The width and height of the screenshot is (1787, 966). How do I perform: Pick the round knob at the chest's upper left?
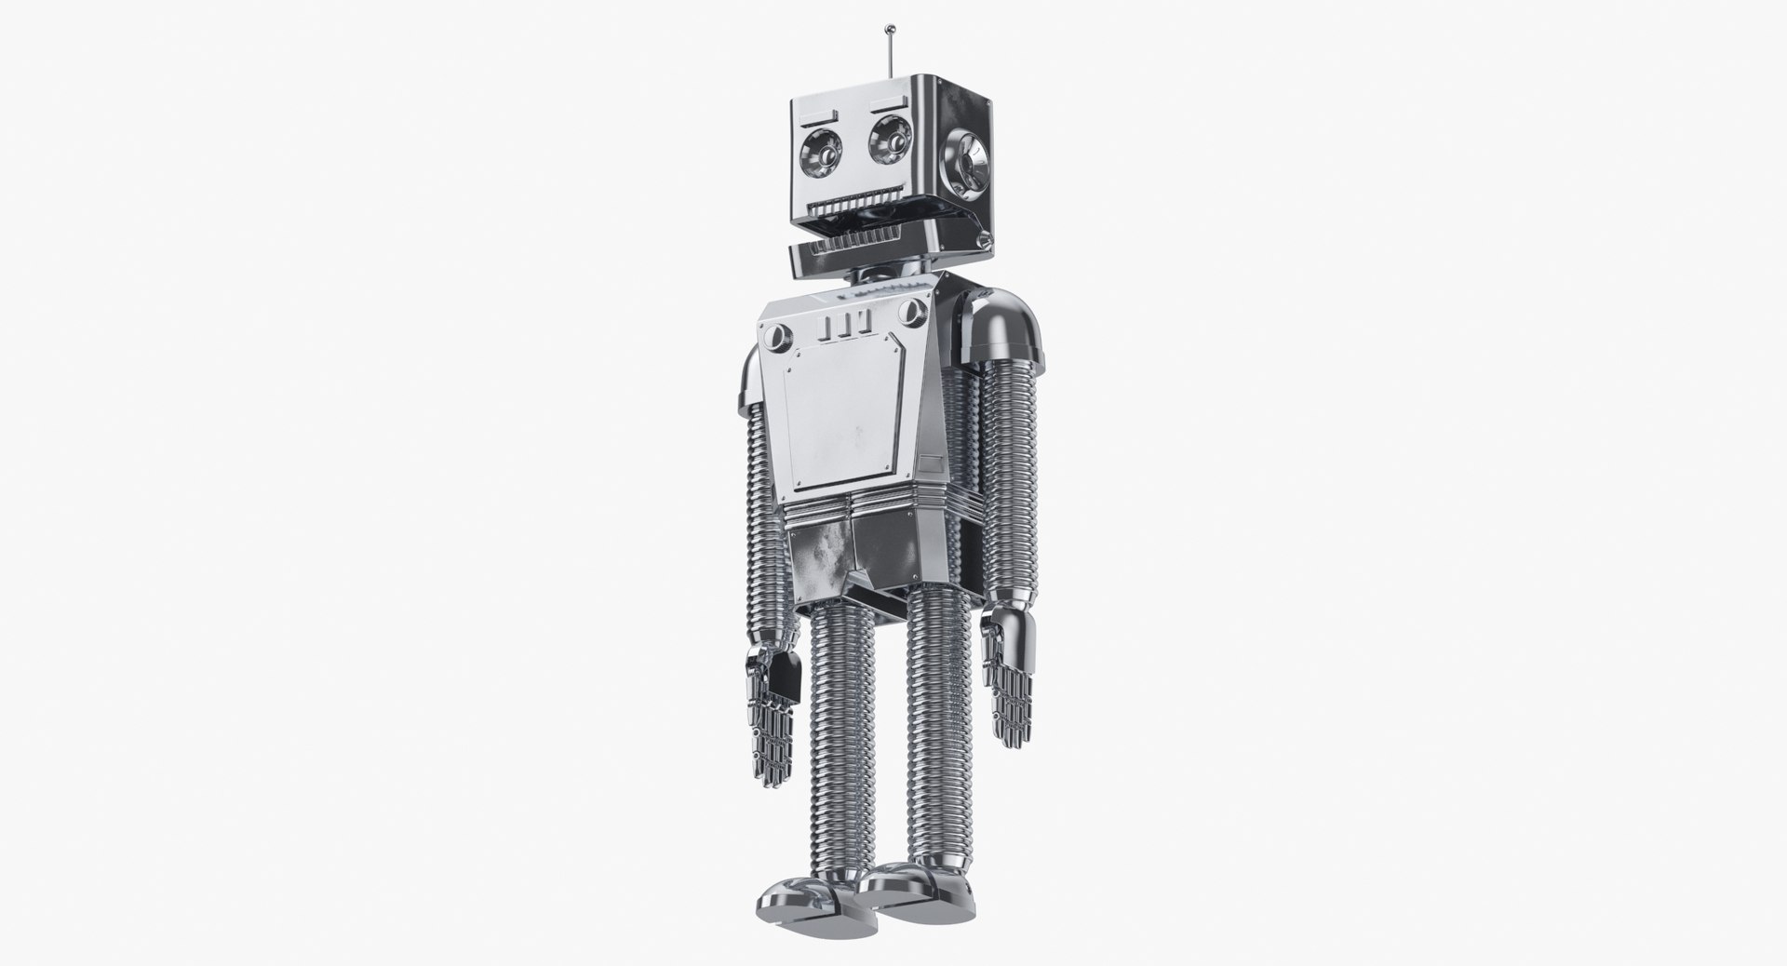pyautogui.click(x=778, y=335)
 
